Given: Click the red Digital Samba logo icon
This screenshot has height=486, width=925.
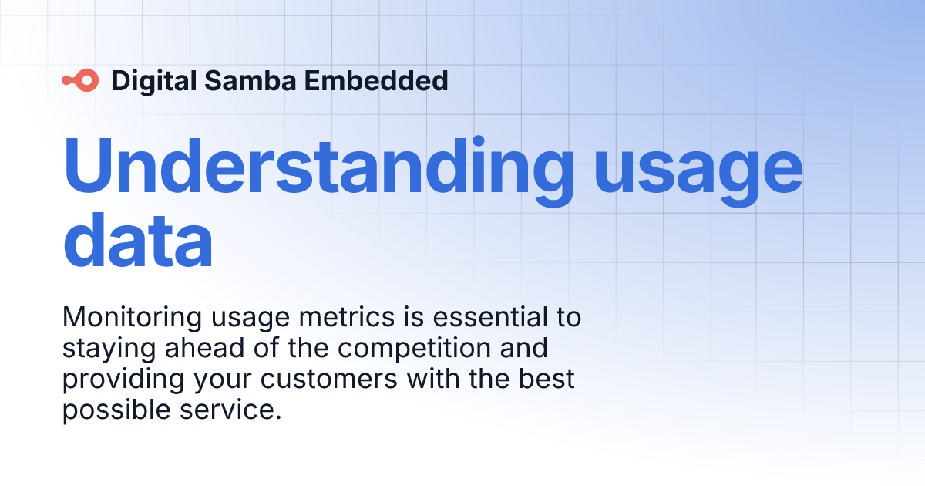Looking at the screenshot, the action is (80, 80).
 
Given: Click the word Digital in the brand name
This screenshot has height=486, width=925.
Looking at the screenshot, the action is (154, 81).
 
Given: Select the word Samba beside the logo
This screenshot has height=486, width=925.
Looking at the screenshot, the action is (251, 80).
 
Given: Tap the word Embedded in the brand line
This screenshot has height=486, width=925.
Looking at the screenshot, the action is (376, 80).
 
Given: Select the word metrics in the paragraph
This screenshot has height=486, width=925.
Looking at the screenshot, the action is (347, 317).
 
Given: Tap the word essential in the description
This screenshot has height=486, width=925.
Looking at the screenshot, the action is (490, 317).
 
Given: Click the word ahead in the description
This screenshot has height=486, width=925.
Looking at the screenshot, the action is (205, 348).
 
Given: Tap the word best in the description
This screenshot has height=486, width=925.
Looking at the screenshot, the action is (547, 379).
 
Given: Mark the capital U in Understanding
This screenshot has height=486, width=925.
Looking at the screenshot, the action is (87, 166).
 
